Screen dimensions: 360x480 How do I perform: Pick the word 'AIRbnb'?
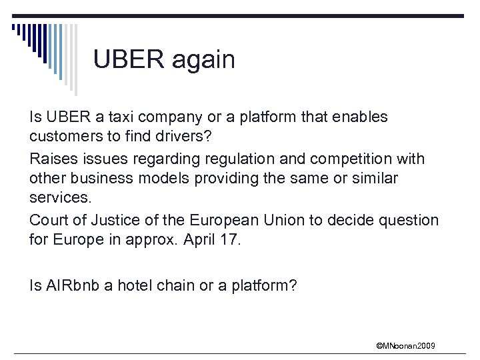pyautogui.click(x=67, y=286)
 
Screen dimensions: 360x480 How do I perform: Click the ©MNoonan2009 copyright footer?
pyautogui.click(x=406, y=345)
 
